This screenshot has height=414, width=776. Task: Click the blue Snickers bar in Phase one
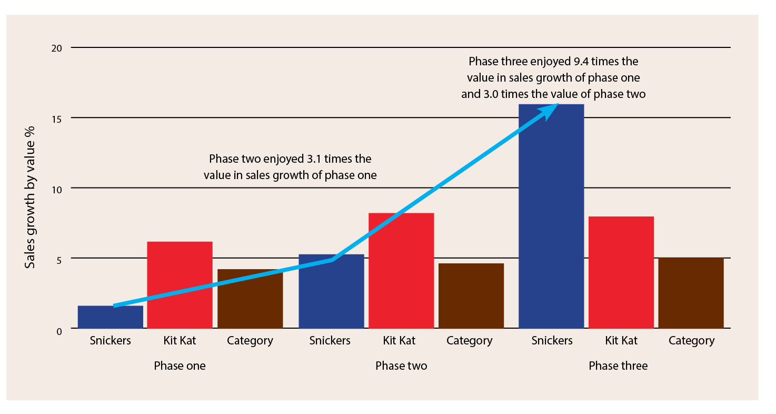point(110,318)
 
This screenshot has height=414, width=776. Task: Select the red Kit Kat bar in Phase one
point(180,285)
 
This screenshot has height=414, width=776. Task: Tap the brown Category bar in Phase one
point(250,299)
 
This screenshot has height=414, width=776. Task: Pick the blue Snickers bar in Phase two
point(331,292)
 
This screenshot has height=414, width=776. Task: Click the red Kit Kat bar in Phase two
point(401,271)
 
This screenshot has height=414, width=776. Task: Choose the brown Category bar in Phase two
point(471,296)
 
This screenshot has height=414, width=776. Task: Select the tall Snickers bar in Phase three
point(551,216)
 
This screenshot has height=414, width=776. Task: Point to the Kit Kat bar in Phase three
point(621,272)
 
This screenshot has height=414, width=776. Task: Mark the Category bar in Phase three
point(691,293)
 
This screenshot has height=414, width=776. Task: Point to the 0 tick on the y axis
point(59,330)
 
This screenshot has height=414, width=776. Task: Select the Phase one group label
point(180,366)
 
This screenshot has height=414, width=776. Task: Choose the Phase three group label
point(618,366)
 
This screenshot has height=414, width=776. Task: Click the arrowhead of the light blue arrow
point(551,110)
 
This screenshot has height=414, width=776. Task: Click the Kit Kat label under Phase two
point(399,340)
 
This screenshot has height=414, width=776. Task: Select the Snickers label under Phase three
point(552,340)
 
